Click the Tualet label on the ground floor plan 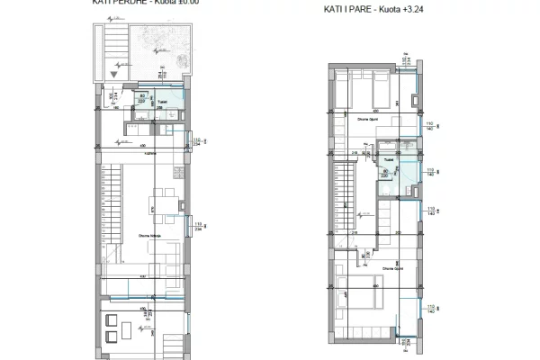pos(164,102)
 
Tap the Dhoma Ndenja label pos(149,237)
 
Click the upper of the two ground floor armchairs pos(112,321)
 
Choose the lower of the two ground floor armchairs pos(112,336)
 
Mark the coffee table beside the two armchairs pos(128,329)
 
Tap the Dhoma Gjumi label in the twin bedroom pos(366,120)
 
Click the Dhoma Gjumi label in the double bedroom pos(391,268)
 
